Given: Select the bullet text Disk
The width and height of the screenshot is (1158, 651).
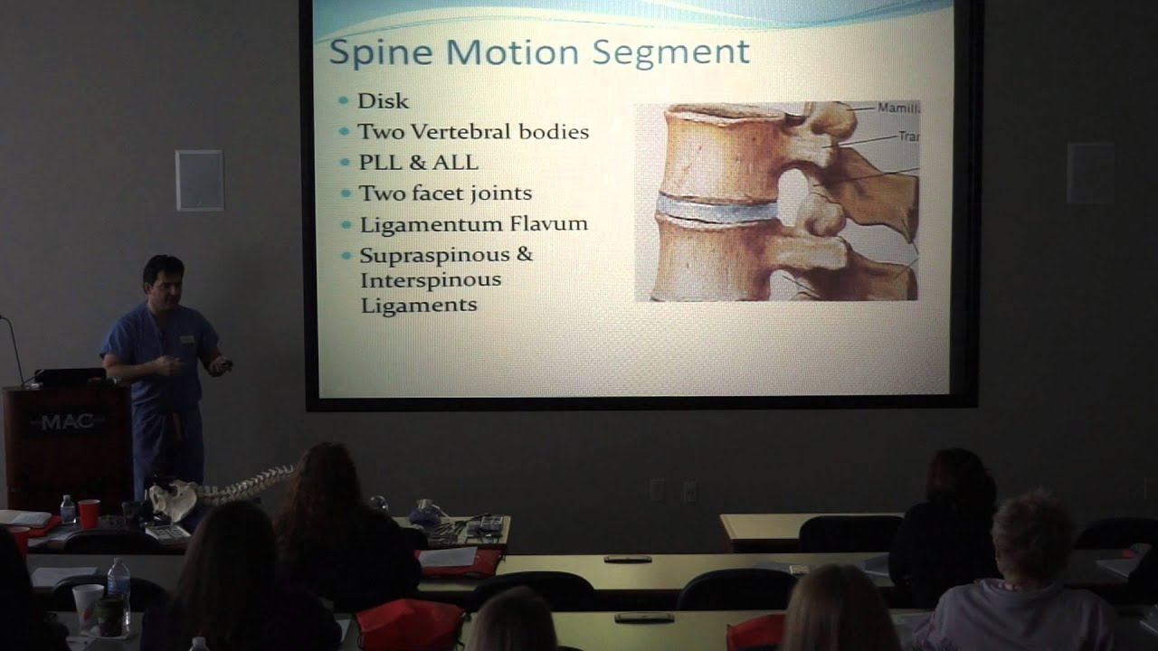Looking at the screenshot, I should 383,101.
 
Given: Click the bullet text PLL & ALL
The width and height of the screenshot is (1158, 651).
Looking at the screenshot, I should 418,163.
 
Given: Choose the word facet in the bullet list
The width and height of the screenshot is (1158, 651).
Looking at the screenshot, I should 445,193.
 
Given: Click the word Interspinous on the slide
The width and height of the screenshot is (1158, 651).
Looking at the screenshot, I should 431,279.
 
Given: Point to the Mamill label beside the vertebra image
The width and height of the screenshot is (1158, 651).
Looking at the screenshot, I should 897,108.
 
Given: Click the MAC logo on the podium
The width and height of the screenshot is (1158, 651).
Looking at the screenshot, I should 67,421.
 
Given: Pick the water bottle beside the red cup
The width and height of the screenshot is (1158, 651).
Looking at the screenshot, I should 68,510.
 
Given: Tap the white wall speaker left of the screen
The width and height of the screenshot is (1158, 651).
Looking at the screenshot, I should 199,180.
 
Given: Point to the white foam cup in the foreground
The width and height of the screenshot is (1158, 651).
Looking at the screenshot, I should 88,603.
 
